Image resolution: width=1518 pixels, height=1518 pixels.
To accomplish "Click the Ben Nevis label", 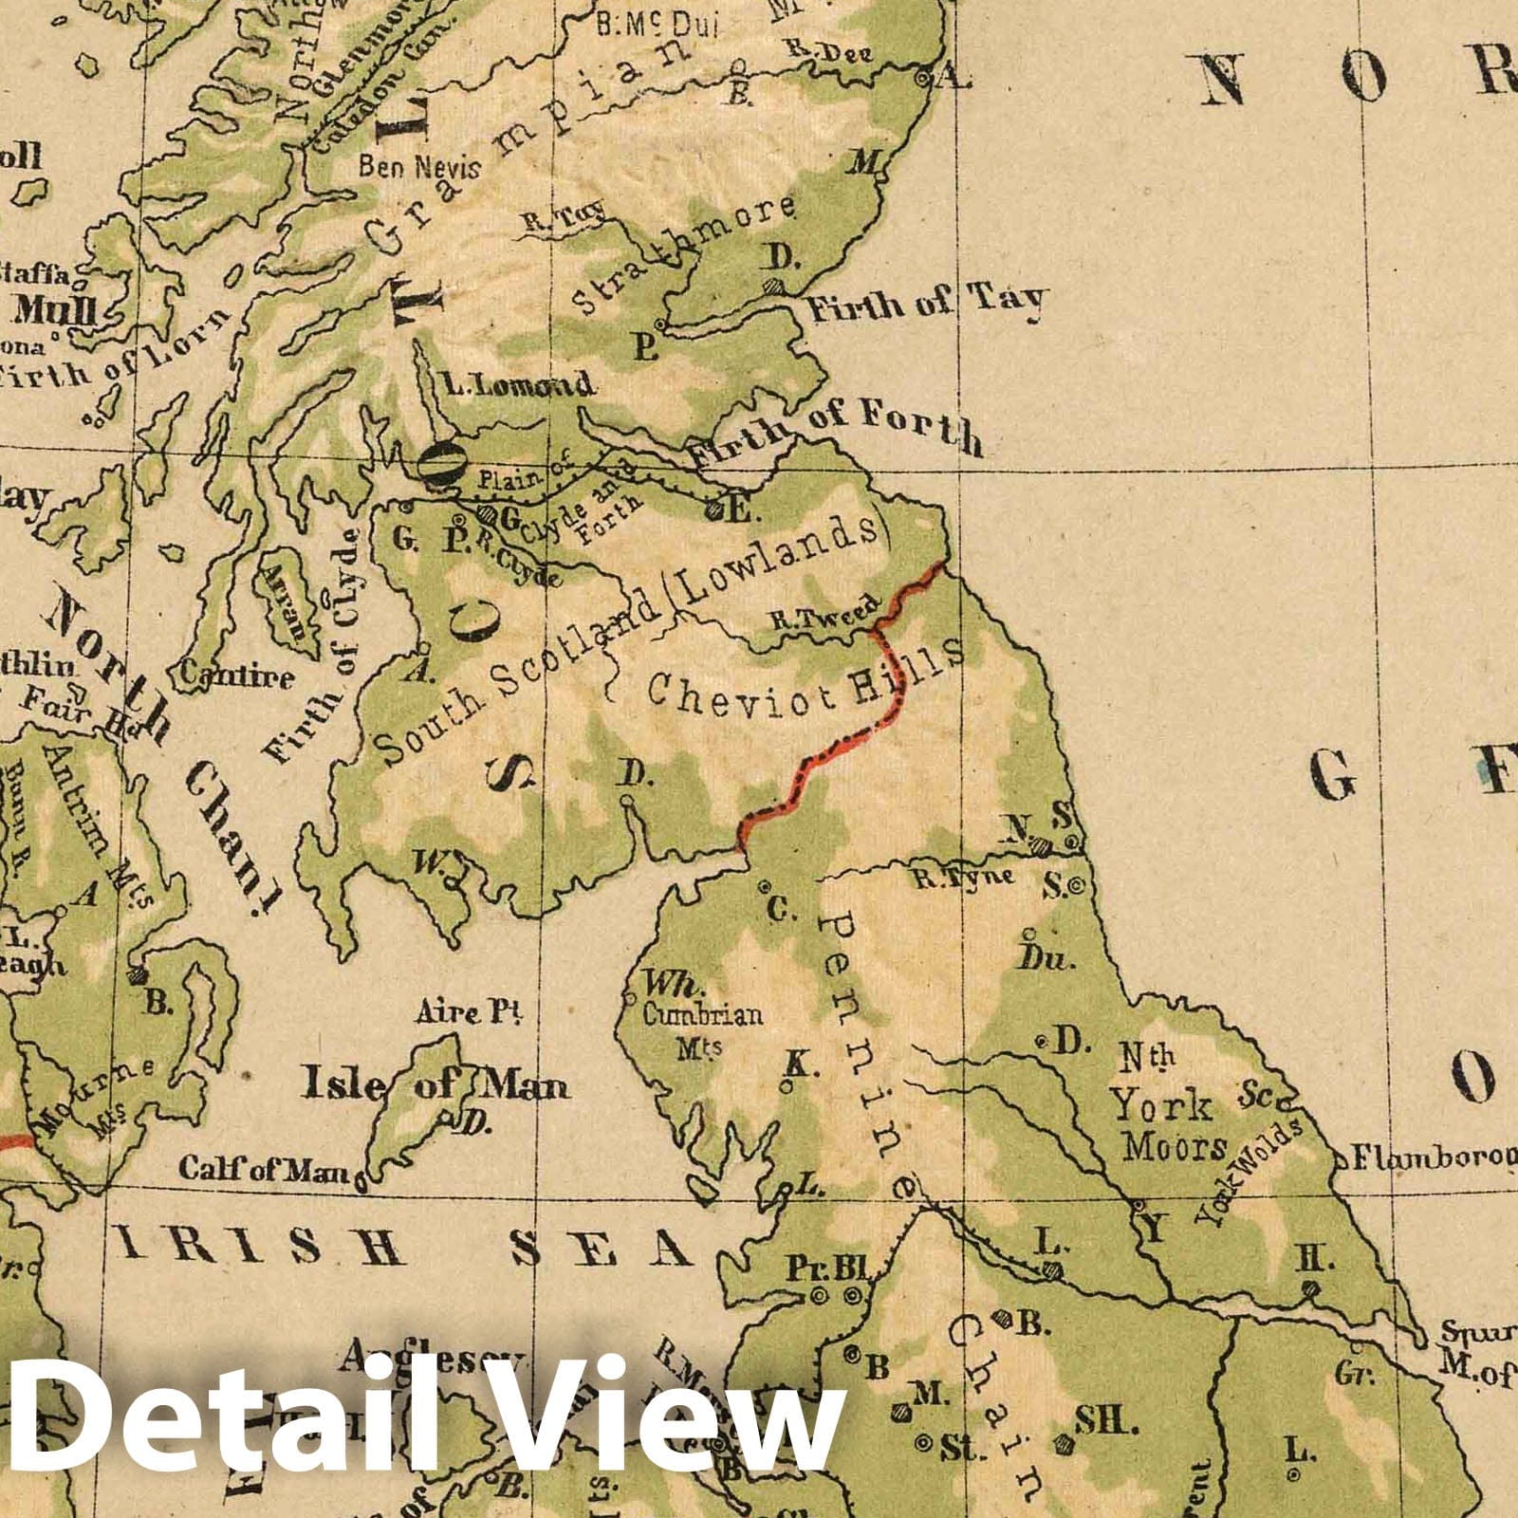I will coord(419,167).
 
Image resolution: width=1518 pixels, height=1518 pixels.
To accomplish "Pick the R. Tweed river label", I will coord(820,616).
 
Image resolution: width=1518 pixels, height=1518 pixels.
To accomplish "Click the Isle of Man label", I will coord(435,1083).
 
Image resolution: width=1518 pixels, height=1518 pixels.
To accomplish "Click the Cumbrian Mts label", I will coord(702,1027).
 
